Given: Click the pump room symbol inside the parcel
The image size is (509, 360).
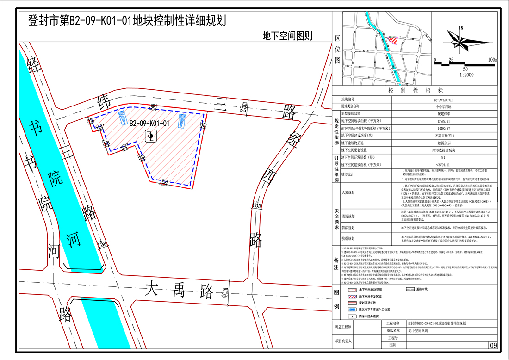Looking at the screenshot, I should (151, 136).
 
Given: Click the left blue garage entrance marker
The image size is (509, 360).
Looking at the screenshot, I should (123, 118).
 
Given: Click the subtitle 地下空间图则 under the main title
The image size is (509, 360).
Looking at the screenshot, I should (287, 35).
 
